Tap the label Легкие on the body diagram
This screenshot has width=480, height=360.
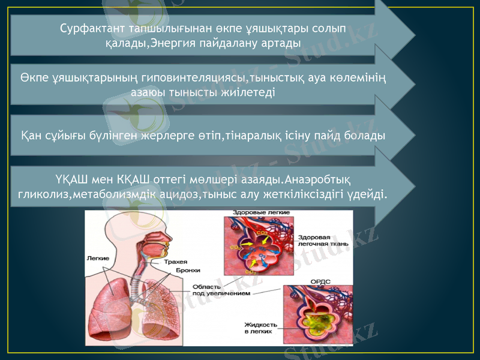click(98, 259)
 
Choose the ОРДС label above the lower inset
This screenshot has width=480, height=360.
click(319, 281)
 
